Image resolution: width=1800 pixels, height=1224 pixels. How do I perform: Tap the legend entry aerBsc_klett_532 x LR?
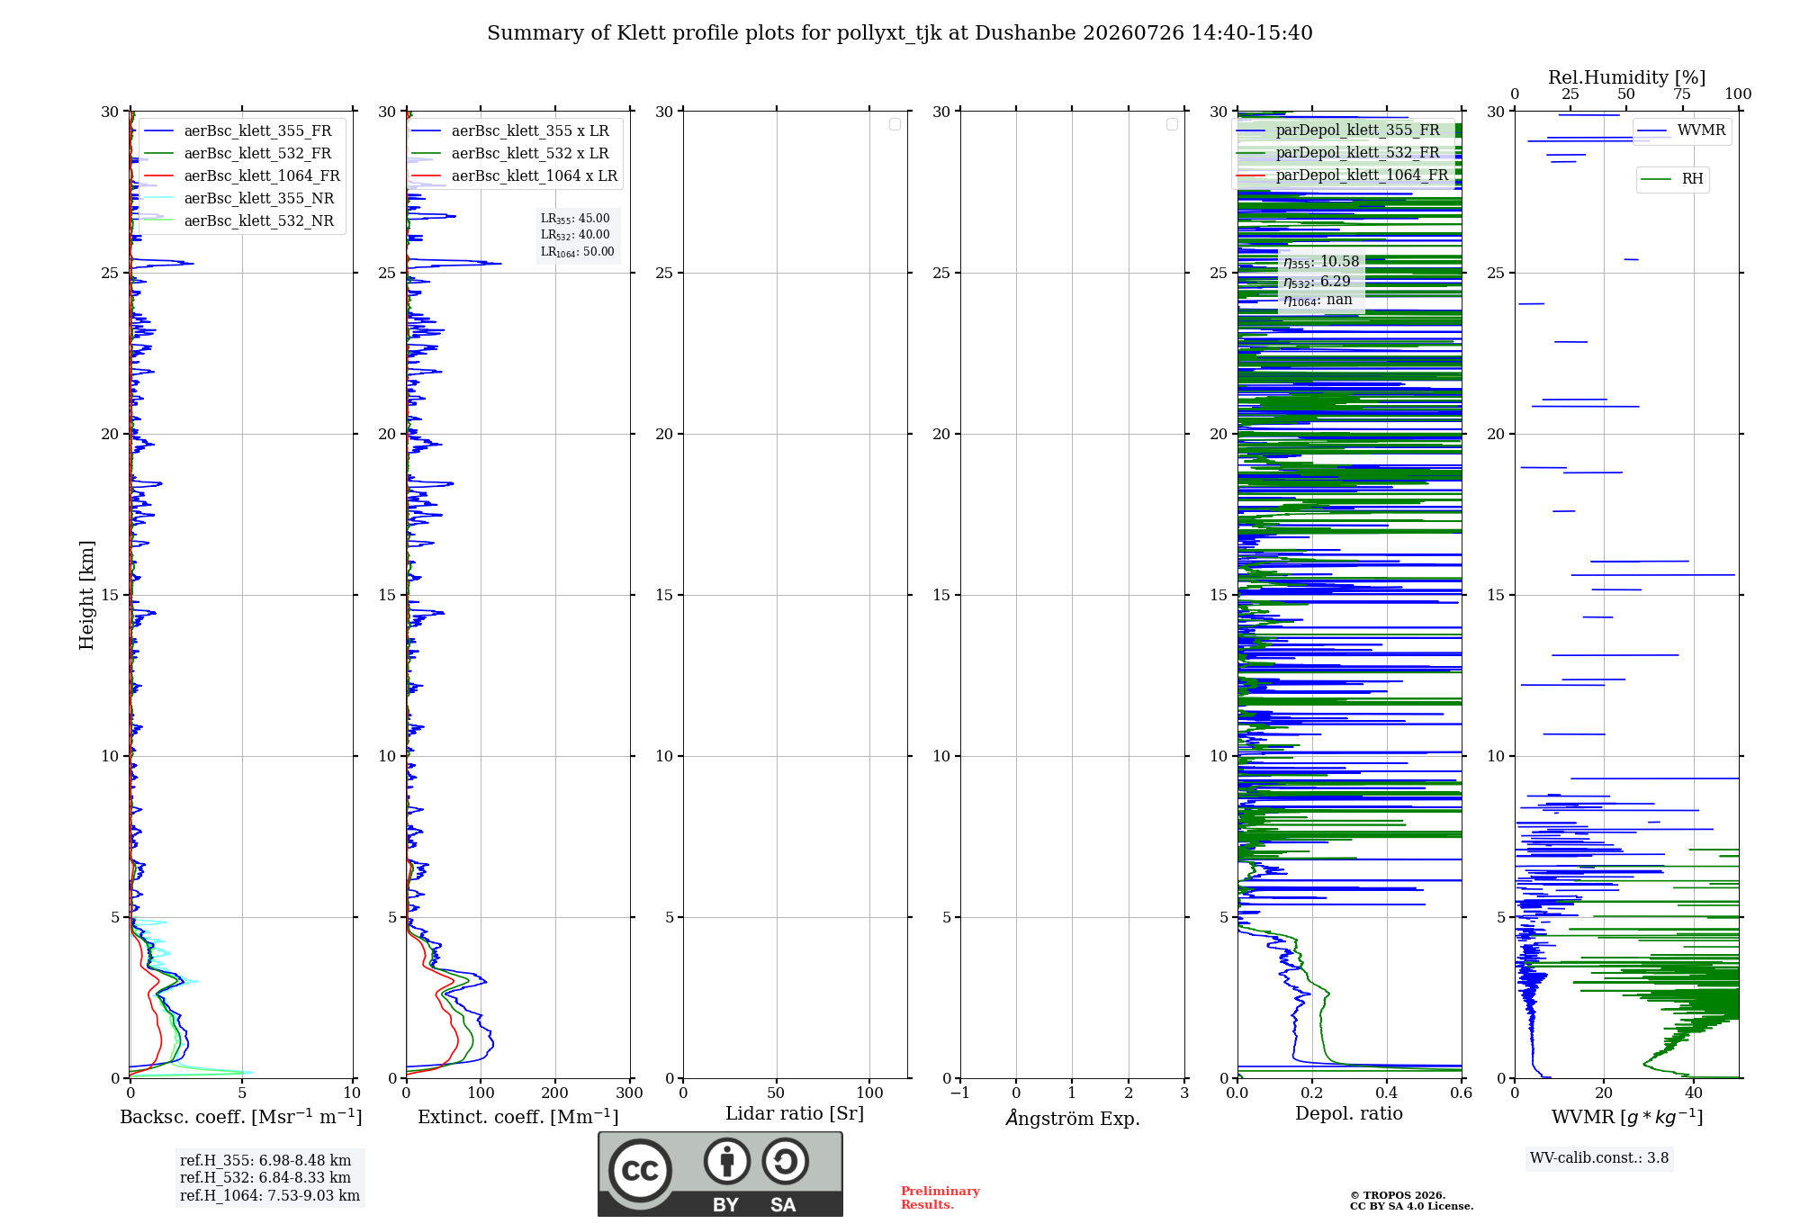tap(510, 153)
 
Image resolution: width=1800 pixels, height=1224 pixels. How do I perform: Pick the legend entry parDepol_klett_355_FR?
tap(1341, 130)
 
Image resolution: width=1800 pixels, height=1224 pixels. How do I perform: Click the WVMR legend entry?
tap(1681, 130)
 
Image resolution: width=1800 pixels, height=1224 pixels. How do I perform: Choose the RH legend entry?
tap(1672, 179)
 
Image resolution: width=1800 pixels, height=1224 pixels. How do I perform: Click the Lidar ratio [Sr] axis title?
tap(795, 1113)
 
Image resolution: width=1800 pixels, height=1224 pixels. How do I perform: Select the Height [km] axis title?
tap(86, 595)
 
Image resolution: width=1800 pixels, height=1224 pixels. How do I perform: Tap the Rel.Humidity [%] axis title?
tap(1627, 77)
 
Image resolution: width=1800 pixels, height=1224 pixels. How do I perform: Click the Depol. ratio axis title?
tap(1349, 1113)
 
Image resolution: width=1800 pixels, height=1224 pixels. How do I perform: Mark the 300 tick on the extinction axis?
tap(630, 1093)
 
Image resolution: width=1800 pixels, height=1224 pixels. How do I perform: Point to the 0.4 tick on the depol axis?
tap(1387, 1093)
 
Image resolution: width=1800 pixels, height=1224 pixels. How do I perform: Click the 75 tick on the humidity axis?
tap(1682, 94)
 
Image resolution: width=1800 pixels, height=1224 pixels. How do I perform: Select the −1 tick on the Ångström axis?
tap(960, 1093)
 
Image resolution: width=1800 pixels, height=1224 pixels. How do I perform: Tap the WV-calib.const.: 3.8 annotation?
tap(1599, 1158)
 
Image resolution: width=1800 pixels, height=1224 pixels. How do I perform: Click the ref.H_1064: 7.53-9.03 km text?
tap(270, 1195)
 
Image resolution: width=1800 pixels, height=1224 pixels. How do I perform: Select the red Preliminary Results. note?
tap(940, 1198)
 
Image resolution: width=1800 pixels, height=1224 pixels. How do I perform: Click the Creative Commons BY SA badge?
tap(721, 1174)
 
